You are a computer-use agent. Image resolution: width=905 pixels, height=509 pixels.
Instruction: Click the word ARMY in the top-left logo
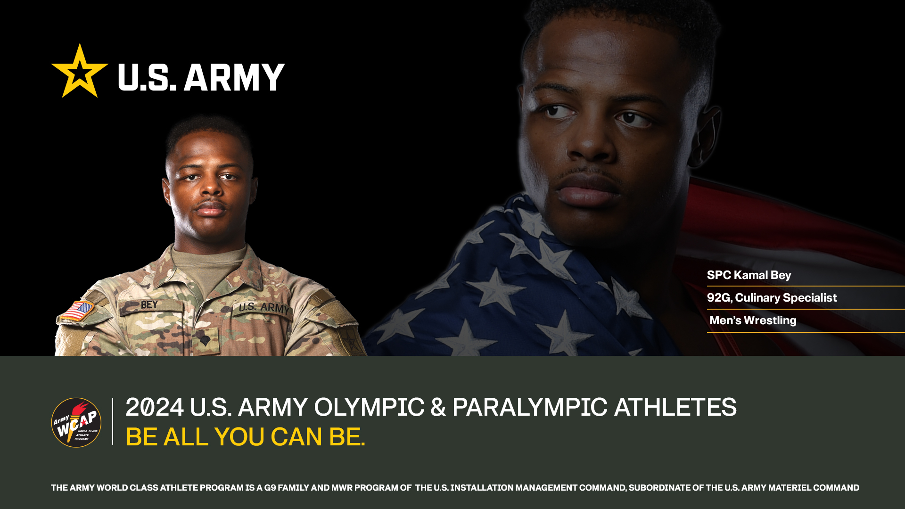click(x=234, y=77)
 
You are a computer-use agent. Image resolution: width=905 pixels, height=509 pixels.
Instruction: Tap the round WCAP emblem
click(x=76, y=422)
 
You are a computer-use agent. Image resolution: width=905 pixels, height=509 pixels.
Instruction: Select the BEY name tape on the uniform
click(x=149, y=305)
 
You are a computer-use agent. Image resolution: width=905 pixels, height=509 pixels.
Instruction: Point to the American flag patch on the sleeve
click(x=78, y=311)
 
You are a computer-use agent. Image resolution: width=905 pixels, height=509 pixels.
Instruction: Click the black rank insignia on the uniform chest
click(x=204, y=336)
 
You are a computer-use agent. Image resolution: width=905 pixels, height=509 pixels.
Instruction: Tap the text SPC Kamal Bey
click(x=749, y=275)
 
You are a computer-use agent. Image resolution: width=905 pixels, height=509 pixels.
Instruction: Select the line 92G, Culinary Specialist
click(x=772, y=298)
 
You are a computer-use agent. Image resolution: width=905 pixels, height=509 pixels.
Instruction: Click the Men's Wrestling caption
click(x=753, y=320)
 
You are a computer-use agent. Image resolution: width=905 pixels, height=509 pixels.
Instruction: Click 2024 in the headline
click(x=154, y=407)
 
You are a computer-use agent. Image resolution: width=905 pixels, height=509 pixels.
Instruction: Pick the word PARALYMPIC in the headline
click(x=529, y=407)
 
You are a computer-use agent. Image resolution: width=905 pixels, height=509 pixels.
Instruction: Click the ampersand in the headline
click(x=438, y=407)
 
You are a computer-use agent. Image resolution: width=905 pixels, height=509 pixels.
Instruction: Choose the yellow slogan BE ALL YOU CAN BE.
click(x=245, y=437)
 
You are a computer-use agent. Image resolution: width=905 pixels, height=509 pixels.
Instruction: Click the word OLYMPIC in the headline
click(x=369, y=407)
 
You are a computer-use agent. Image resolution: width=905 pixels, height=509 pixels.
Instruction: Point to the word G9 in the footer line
click(x=270, y=488)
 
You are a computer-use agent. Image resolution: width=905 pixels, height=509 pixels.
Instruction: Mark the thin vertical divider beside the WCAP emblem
click(x=113, y=421)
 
